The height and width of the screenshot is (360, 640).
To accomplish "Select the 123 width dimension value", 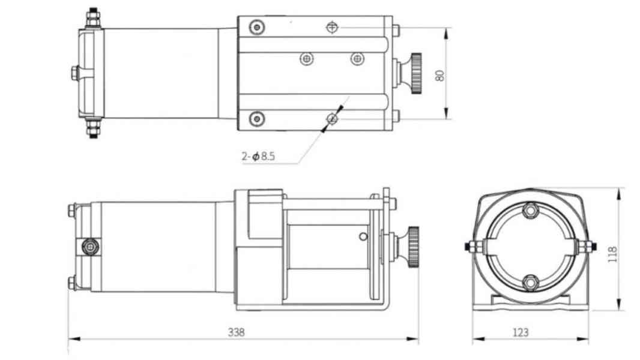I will point(522,332).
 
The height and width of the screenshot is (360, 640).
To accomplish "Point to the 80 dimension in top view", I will point(439,75).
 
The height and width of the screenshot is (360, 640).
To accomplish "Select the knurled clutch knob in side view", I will point(413,247).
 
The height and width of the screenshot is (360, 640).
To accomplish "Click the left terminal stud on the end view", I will point(471,246).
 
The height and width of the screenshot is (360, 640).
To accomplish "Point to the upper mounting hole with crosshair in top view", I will point(332,27).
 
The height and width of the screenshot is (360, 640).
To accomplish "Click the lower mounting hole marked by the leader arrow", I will point(332,119).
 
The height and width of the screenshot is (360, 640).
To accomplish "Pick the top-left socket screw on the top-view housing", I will point(258,27).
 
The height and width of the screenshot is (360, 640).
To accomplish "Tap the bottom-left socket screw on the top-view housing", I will point(258,119).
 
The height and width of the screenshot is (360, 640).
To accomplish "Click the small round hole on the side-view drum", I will point(363,236).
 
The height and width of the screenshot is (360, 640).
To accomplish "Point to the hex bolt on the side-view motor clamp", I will point(90,246).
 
